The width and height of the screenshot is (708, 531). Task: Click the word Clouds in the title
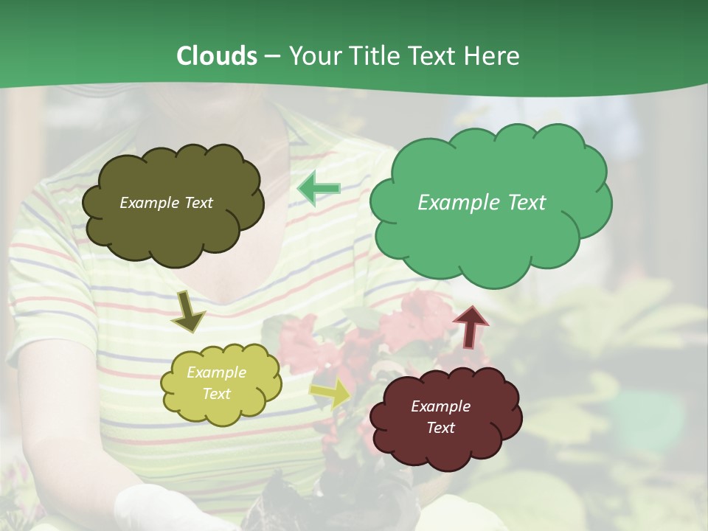pos(216,55)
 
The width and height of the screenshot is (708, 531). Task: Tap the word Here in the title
pos(492,55)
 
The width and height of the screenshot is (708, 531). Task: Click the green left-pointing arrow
pos(319,189)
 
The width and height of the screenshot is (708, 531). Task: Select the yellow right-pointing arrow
pos(331,392)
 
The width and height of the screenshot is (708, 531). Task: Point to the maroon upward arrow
pos(470,327)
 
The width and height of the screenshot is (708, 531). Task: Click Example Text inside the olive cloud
pos(166,203)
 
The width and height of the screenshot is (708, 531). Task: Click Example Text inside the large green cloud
pos(482,203)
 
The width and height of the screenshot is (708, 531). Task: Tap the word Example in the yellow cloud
pos(216,372)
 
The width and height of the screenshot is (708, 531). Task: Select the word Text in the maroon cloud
pos(440,428)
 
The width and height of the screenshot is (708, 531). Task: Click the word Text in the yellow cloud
pos(216,394)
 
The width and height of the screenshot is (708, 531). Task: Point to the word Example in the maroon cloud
pos(440,406)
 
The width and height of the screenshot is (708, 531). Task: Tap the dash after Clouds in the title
pos(272,56)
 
